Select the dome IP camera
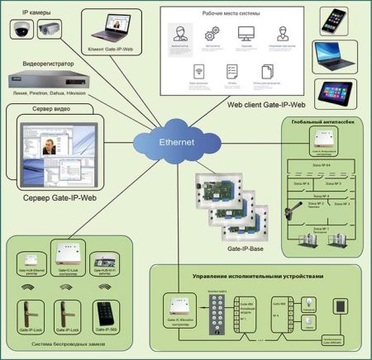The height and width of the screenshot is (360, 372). [x=18, y=30]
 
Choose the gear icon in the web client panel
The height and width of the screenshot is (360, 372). [x=211, y=34]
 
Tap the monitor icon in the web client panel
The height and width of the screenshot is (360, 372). [x=246, y=34]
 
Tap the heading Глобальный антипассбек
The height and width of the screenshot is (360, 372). [x=322, y=122]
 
